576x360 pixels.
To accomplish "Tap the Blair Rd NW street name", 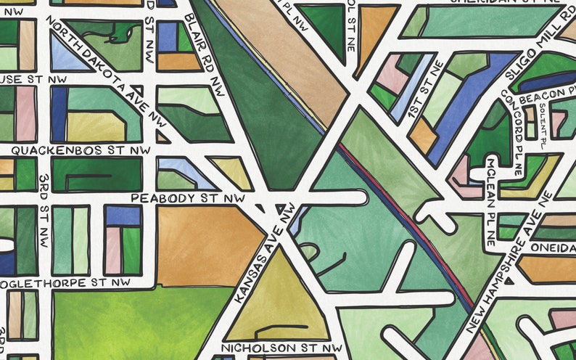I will pos(204,54).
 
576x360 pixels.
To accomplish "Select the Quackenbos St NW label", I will pos(76,150).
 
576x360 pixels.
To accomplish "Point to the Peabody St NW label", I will pos(187,197).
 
